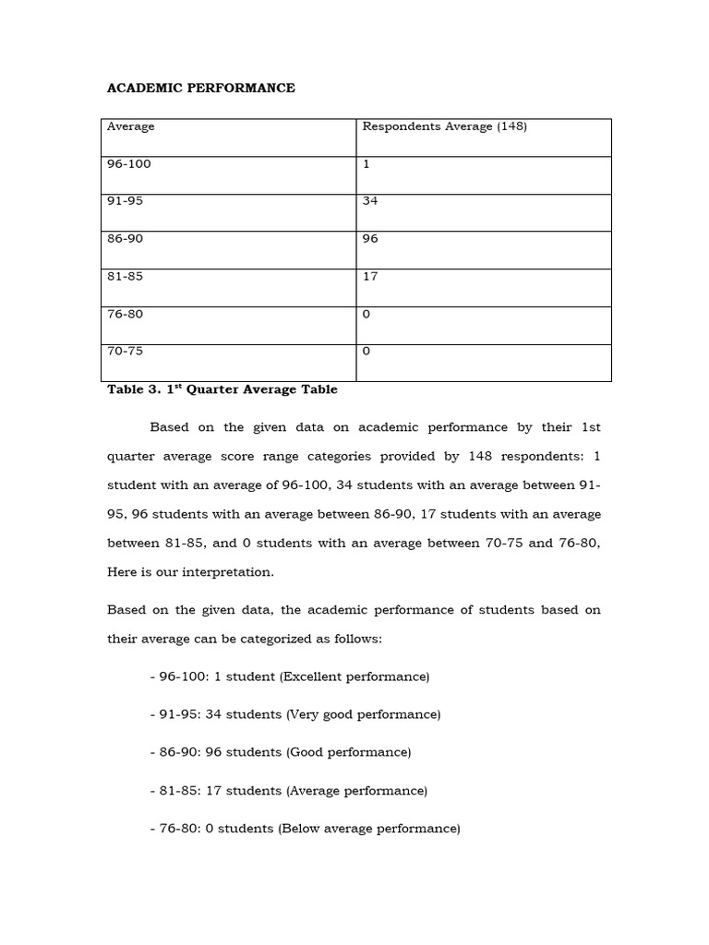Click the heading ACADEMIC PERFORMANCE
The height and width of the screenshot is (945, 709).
[x=201, y=89]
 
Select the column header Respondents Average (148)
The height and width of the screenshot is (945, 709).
[x=444, y=126]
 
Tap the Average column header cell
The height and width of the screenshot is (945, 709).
[x=131, y=126]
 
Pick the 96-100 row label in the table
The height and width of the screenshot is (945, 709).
[x=129, y=164]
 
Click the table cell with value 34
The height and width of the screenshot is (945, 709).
[x=370, y=201]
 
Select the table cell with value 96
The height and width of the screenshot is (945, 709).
[x=370, y=239]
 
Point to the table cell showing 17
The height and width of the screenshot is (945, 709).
[x=370, y=276]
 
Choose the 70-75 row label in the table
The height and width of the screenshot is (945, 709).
[x=126, y=352]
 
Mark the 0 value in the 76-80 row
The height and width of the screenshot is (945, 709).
[x=367, y=314]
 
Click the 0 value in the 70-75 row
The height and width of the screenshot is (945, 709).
[x=367, y=352]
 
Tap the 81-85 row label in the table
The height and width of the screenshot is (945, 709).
[x=126, y=276]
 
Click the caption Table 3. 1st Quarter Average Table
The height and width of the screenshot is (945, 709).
[x=222, y=389]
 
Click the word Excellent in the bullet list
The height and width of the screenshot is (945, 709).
[x=313, y=676]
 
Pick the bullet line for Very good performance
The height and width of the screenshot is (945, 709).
[x=295, y=714]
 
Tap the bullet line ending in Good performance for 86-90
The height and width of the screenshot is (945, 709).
[x=281, y=752]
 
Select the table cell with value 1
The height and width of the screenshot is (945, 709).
[x=367, y=164]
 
